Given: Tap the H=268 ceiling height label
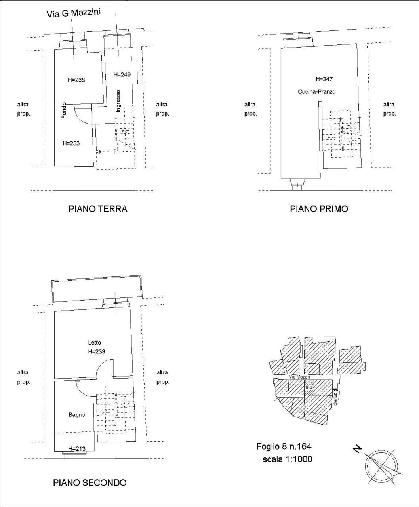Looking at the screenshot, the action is coord(76,80).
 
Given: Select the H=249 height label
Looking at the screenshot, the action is coord(122,74).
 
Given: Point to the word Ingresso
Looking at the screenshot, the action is coord(118,101).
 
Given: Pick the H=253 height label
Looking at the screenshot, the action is coord(71,143).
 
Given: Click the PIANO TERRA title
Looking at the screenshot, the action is coord(98,209).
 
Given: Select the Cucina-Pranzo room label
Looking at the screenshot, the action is coord(316,91).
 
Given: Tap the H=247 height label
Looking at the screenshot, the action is coord(324,79).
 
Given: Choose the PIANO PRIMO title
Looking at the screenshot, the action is coord(319,209).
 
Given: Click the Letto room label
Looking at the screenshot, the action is coord(94,343).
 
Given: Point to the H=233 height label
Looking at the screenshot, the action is coord(96,351).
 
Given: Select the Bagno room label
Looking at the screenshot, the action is coord(76,414).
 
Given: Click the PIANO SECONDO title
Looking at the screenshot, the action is coord(90,482).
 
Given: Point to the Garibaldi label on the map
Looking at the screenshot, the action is coord(335,396).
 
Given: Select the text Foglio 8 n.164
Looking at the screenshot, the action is coord(284,446).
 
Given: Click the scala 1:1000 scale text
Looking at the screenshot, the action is coord(288,459).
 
